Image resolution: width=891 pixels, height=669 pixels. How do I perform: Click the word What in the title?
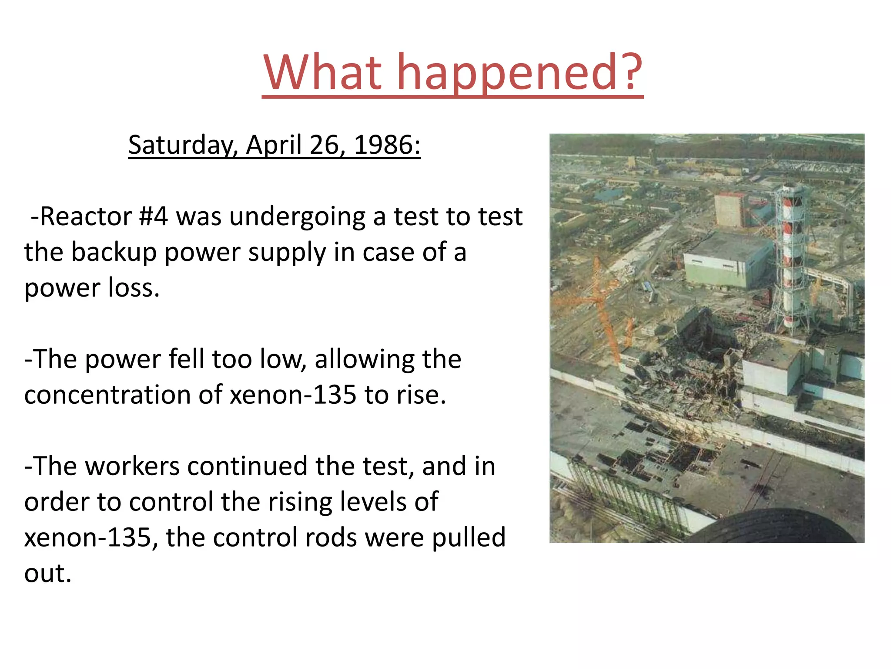[322, 72]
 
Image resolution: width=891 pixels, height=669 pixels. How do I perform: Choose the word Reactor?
[85, 216]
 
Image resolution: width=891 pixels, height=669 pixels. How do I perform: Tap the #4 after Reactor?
[153, 216]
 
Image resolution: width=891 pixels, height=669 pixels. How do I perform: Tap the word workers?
[132, 466]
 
